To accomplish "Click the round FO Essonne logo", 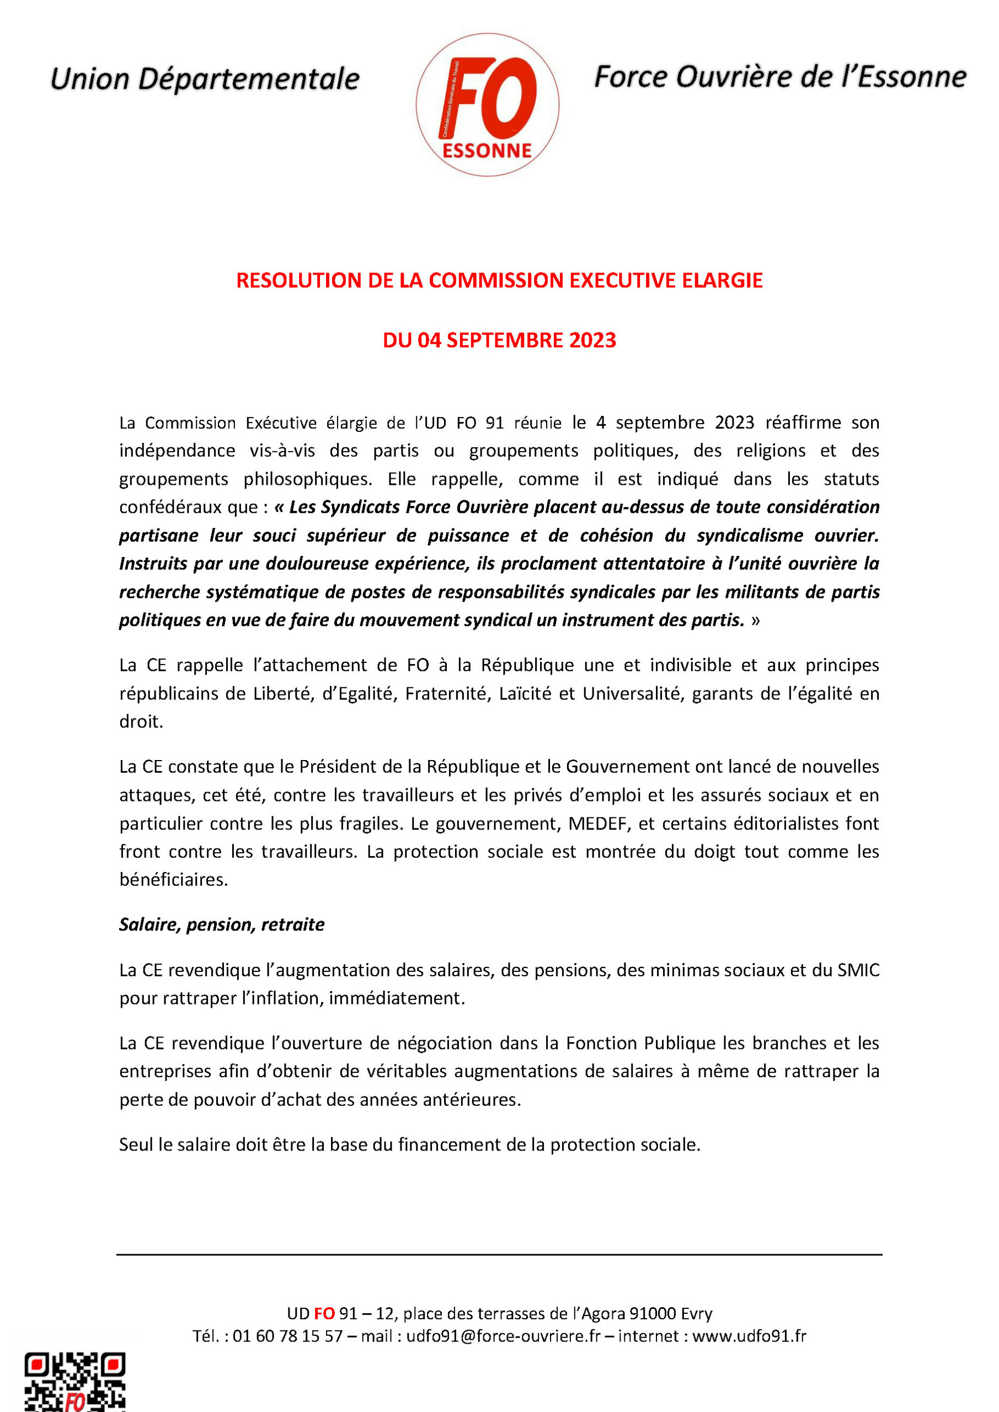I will click(x=487, y=105).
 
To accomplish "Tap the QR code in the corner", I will click(x=74, y=1381).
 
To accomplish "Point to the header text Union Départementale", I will click(x=204, y=79).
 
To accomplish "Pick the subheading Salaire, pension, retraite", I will click(x=221, y=924).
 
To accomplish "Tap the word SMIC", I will click(x=858, y=970).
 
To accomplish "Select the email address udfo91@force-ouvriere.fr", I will click(x=503, y=1336).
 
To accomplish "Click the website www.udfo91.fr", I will click(x=749, y=1336).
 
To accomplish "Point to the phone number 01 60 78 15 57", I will click(x=287, y=1336).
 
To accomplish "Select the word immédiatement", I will click(x=396, y=998).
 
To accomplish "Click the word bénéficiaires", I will click(x=173, y=879).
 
